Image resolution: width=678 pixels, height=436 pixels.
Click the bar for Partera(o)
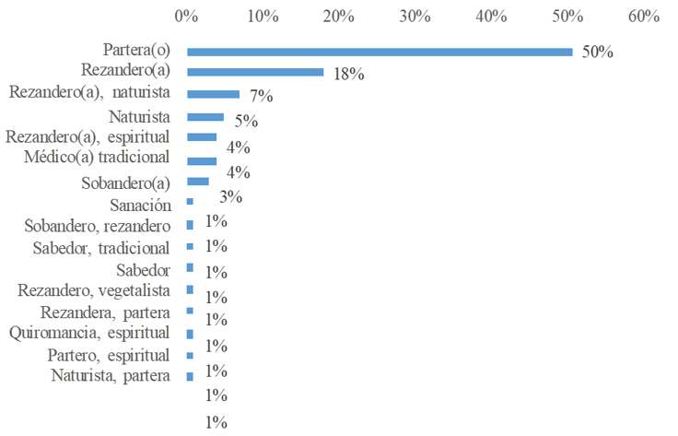380,52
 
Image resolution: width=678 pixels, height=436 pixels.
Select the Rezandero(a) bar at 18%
255,72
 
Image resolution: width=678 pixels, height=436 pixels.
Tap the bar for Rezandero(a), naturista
213,94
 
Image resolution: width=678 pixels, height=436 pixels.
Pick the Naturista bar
205,117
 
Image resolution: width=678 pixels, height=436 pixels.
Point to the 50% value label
597,52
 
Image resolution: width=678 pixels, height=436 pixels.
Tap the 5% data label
245,122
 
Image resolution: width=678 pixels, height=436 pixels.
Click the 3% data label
230,196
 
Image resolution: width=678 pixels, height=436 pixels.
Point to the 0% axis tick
186,16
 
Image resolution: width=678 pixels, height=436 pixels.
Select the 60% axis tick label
643,16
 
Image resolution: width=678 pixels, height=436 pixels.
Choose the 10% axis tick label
263,16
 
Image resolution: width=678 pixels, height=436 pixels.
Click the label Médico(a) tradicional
97,157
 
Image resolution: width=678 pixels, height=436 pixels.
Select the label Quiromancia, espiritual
88,333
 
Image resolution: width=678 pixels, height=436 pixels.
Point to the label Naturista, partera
110,375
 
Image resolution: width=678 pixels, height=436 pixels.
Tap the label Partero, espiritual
108,355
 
